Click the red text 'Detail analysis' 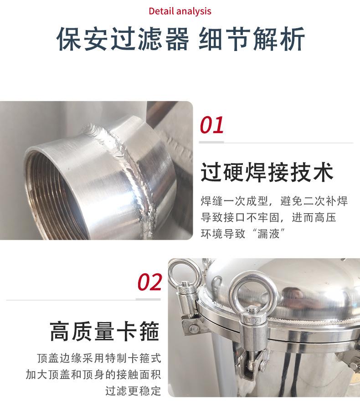180,11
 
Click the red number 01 212,125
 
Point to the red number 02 150,282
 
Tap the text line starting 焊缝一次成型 274,201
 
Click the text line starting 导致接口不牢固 268,218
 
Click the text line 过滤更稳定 133,391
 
